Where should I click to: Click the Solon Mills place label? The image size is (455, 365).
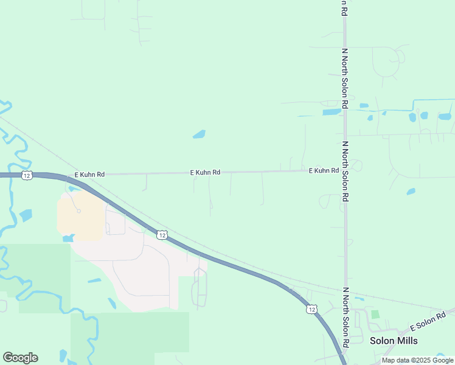click(x=393, y=340)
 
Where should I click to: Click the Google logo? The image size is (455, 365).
click(x=20, y=358)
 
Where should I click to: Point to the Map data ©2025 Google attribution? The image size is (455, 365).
click(x=418, y=360)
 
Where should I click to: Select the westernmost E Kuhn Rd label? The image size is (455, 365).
click(x=89, y=175)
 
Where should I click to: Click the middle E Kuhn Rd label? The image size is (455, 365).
click(x=205, y=173)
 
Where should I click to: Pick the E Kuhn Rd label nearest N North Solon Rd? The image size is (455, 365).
click(x=324, y=171)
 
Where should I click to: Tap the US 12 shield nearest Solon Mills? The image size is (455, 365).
click(x=311, y=310)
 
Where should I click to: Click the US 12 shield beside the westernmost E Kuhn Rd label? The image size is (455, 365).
click(x=26, y=175)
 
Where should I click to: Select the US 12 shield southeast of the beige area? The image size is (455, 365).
click(x=161, y=234)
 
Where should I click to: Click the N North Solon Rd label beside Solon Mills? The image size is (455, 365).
click(x=345, y=318)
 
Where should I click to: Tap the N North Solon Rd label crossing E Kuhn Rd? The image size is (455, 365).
click(x=345, y=172)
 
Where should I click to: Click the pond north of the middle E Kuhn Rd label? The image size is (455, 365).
click(x=199, y=134)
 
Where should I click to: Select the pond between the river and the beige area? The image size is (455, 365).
click(x=26, y=215)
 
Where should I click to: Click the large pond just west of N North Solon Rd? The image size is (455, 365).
click(x=332, y=112)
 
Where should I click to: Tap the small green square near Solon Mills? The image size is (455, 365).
click(x=375, y=315)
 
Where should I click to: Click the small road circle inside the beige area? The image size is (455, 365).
click(x=78, y=211)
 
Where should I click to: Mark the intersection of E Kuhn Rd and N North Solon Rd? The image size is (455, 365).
click(x=345, y=170)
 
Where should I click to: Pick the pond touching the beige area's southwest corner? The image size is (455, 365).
click(x=68, y=238)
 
